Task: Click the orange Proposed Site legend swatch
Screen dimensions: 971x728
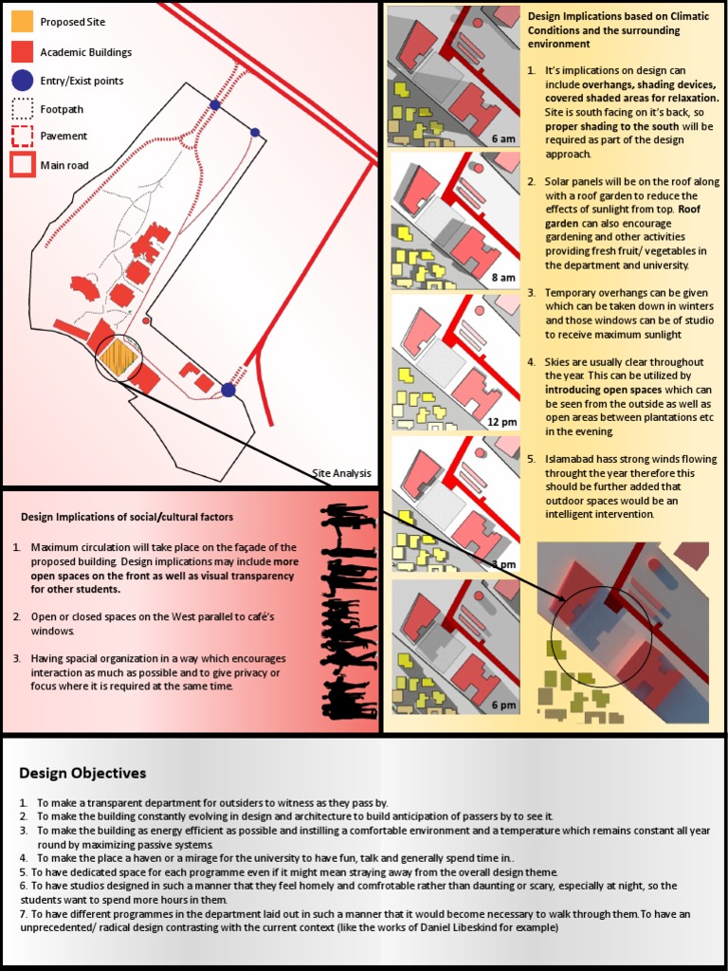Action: (23, 22)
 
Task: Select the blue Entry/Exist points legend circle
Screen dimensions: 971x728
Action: (23, 81)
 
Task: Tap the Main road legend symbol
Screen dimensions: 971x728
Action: (23, 165)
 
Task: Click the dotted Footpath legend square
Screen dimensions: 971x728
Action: (23, 109)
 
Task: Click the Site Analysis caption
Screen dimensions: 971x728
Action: (341, 473)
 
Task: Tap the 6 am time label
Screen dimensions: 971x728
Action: (503, 138)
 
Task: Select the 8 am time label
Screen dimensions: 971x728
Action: (503, 277)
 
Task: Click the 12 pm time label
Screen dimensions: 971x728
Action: (502, 421)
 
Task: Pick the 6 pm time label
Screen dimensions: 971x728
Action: (503, 705)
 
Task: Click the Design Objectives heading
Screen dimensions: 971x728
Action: (82, 773)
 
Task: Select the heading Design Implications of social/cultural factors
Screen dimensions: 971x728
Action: (127, 517)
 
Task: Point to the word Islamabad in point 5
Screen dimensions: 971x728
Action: (571, 459)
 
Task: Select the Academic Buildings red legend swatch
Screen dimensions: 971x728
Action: (23, 52)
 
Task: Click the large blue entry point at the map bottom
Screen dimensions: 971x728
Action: (228, 390)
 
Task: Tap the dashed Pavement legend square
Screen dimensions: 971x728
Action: (23, 137)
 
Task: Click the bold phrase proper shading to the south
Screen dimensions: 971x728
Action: (611, 126)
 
